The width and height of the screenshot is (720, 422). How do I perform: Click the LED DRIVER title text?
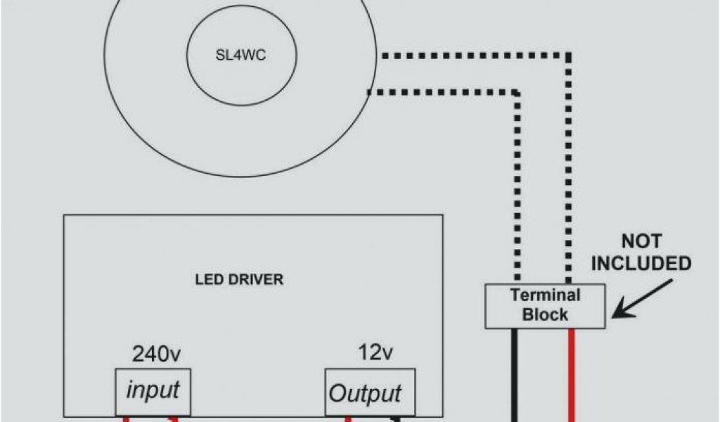coord(239,280)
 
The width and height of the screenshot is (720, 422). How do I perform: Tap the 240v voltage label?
coord(155,354)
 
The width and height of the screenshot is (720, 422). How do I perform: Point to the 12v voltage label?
coord(373,354)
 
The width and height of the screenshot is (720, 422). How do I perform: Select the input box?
coord(153,390)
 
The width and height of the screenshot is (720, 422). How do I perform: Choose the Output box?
coord(366,392)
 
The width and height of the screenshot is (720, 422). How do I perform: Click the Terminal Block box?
coord(545,305)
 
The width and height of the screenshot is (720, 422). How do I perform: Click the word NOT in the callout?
coord(641,242)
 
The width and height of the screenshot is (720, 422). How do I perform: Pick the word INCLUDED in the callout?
coord(641,264)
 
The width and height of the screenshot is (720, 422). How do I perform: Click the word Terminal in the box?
coord(545,295)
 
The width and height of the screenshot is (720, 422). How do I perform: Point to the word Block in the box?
coord(545,314)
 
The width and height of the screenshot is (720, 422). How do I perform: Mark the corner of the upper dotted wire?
coord(570,54)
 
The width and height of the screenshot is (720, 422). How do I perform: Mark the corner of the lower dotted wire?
coord(518,92)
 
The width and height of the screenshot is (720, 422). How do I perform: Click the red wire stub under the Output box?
coord(347,418)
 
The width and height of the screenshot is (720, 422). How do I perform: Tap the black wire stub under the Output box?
coord(397,418)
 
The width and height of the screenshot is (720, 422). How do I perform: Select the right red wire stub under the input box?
coord(174,418)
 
